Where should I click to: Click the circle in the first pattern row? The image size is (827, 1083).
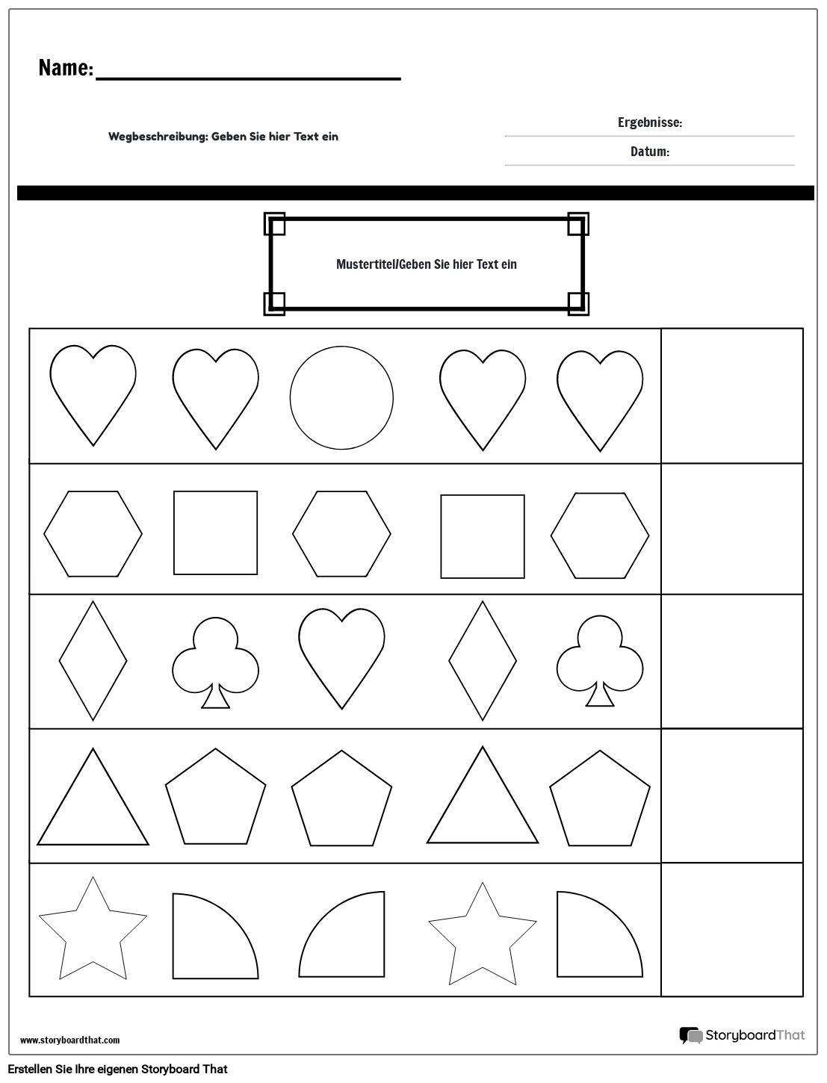[x=341, y=397]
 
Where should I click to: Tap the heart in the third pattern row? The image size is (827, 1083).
[x=341, y=654]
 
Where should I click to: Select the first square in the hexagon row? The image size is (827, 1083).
[x=215, y=533]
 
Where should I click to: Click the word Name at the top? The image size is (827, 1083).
[x=65, y=69]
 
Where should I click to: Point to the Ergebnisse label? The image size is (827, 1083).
[x=649, y=122]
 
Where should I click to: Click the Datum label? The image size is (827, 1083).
[x=649, y=152]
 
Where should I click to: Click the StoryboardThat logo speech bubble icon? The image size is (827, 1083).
[x=690, y=1035]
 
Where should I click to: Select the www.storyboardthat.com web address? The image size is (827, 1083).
[x=69, y=1040]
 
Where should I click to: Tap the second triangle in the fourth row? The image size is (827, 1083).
[x=483, y=803]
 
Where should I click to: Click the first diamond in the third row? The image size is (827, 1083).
[x=93, y=661]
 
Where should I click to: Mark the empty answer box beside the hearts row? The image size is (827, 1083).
[x=731, y=396]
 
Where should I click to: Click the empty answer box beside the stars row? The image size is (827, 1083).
[x=731, y=929]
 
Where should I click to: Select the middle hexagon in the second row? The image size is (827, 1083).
[x=341, y=533]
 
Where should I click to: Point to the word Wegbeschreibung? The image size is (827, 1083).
[x=158, y=137]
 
